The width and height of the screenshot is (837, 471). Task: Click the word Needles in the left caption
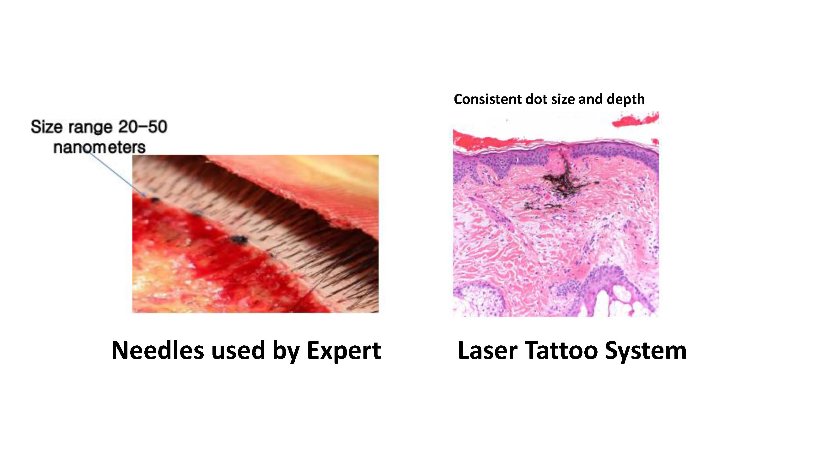(158, 351)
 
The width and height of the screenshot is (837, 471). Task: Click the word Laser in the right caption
(487, 351)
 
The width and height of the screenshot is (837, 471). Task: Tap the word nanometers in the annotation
(99, 148)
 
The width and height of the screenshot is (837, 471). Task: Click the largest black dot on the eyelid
(239, 239)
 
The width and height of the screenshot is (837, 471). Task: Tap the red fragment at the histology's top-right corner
(635, 119)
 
